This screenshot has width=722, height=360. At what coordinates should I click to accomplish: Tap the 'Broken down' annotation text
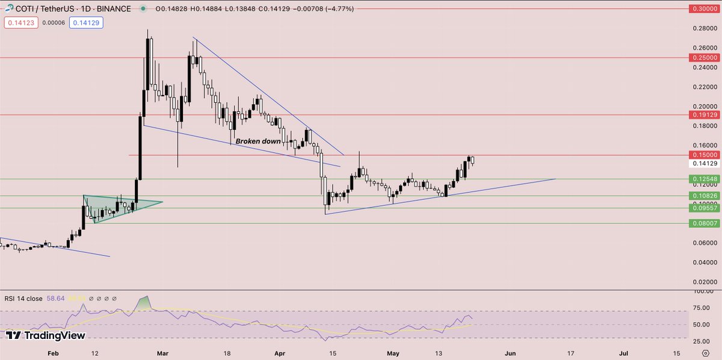258,141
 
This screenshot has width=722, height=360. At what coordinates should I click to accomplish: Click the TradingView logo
46,335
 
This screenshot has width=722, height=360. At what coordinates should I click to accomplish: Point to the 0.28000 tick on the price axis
704,28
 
